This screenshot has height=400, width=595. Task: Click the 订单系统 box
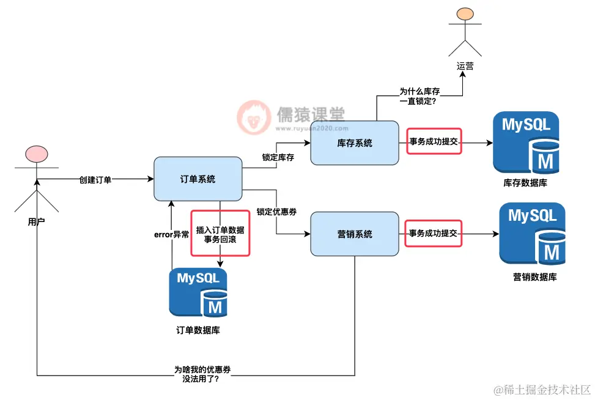point(198,179)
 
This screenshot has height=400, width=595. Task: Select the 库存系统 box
point(355,143)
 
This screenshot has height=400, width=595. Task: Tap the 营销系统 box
point(355,234)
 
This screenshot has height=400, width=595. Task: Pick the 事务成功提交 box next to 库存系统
point(434,141)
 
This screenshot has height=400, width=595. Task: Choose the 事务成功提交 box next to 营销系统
point(434,233)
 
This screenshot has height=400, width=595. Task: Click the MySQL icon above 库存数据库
point(526,142)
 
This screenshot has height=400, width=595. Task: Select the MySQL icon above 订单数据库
point(198,293)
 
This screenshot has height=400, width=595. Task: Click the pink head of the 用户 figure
point(36,154)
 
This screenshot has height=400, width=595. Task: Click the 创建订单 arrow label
point(95,180)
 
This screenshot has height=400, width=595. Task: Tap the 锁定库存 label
point(278,157)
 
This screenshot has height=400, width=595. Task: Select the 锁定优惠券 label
point(277,212)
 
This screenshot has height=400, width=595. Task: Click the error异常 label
point(171,235)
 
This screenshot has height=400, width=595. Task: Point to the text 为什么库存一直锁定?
point(419,96)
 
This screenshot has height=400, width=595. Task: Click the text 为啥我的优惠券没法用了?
point(201,374)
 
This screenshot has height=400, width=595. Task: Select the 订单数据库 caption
point(198,330)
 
